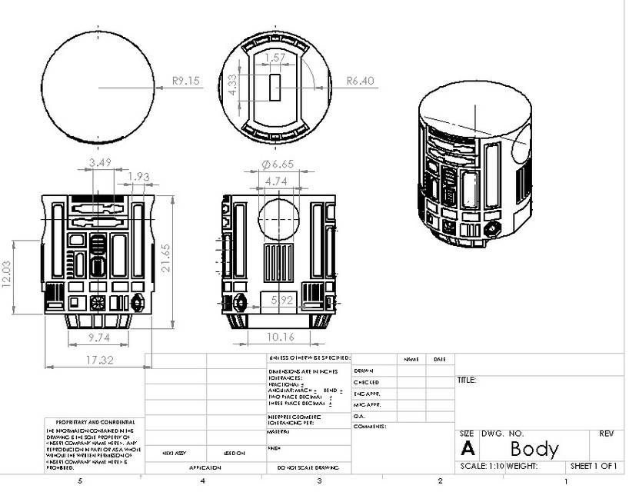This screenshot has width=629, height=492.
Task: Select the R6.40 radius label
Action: click(359, 79)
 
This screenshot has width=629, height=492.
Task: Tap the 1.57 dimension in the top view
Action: click(274, 58)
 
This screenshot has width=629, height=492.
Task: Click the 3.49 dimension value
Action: click(100, 163)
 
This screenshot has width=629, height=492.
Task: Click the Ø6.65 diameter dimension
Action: click(278, 165)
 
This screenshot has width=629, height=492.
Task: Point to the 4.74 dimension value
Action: click(277, 181)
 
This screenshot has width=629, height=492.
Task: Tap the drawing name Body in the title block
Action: click(534, 448)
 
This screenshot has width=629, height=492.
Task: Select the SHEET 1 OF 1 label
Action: click(594, 466)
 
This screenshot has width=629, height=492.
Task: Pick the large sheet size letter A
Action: click(467, 449)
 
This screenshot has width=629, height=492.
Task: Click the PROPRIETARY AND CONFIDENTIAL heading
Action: click(95, 422)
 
